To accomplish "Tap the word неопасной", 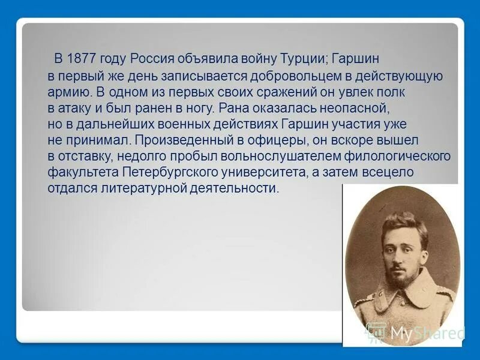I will coord(356,109).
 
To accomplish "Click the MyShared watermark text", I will coord(426,333).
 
